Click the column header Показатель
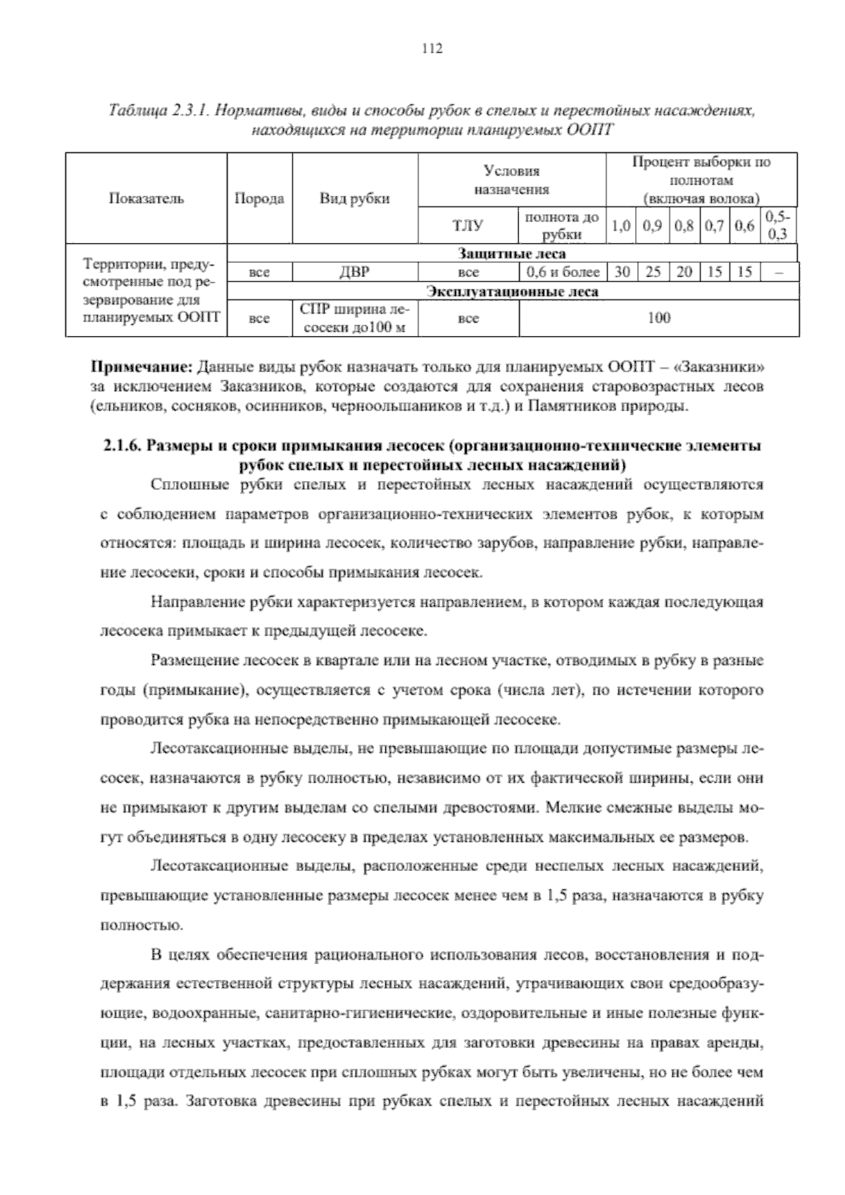pyautogui.click(x=146, y=198)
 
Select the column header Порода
pyautogui.click(x=259, y=198)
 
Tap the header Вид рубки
pyautogui.click(x=355, y=198)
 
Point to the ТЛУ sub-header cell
pyautogui.click(x=468, y=225)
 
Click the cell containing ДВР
pyautogui.click(x=355, y=272)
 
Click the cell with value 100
pyautogui.click(x=658, y=318)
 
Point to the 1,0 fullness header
pyautogui.click(x=620, y=226)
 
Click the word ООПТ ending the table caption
pyautogui.click(x=591, y=130)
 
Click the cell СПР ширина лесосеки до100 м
pyautogui.click(x=355, y=318)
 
